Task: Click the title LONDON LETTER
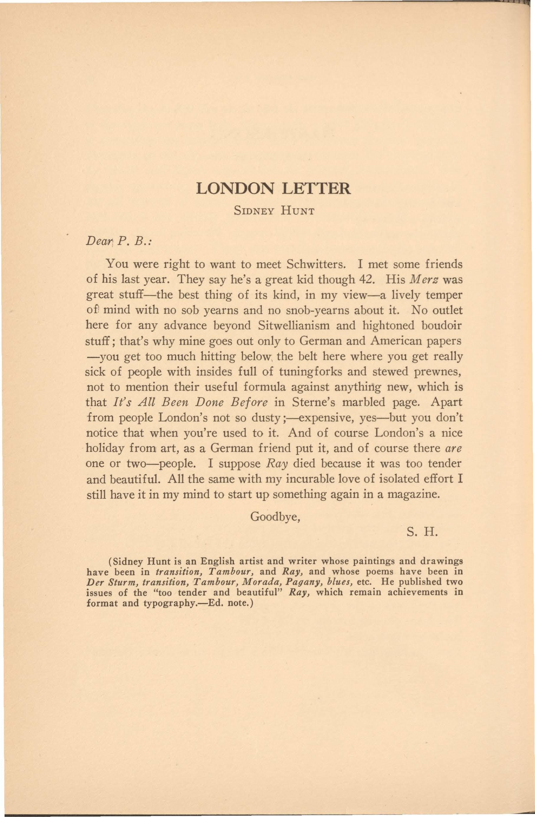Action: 273,189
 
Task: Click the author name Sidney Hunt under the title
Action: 274,211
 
